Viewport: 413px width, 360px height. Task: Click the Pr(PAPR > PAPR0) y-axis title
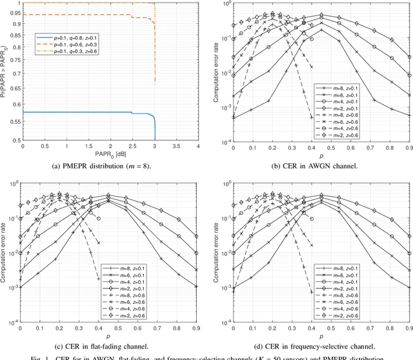coord(6,72)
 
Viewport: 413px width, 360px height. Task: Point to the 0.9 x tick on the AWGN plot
coord(408,147)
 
